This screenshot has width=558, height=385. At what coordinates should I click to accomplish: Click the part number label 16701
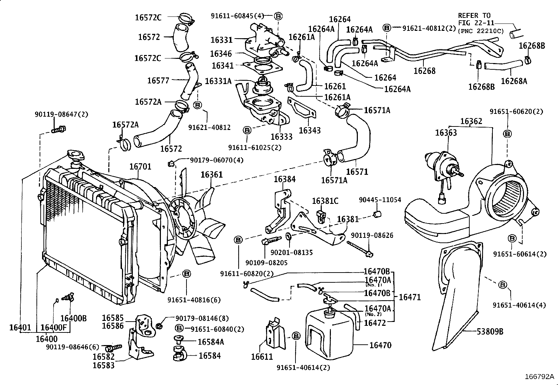(x=140, y=166)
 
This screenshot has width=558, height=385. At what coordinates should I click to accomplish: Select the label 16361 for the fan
(x=211, y=174)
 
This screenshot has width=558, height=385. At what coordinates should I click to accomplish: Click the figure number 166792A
(x=539, y=377)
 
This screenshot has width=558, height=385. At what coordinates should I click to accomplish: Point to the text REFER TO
(x=474, y=15)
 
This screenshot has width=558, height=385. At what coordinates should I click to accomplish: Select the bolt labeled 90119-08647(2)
(x=59, y=130)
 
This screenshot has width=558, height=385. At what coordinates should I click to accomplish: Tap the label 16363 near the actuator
(x=446, y=133)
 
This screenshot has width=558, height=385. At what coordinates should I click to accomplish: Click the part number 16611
(x=262, y=357)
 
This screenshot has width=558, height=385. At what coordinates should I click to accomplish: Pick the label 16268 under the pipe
(x=424, y=71)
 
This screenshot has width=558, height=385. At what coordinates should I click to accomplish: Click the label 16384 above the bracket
(x=285, y=179)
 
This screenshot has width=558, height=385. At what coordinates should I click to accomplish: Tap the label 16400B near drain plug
(x=73, y=318)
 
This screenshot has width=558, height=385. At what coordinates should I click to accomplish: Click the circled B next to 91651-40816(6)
(x=186, y=274)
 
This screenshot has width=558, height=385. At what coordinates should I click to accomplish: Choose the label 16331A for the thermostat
(x=218, y=81)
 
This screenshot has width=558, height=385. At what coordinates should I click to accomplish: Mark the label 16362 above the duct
(x=471, y=121)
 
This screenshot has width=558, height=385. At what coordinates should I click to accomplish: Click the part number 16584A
(x=211, y=342)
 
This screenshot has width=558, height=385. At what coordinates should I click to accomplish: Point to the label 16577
(x=158, y=81)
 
